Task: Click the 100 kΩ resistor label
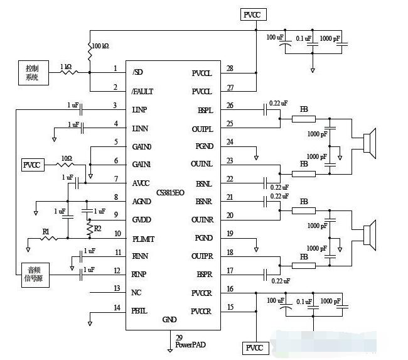(100, 47)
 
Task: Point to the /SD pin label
(137, 72)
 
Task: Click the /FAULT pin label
(142, 92)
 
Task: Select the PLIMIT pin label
(144, 238)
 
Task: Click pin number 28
(229, 68)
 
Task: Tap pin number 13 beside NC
(115, 288)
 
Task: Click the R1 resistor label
(46, 232)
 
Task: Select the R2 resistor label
(97, 227)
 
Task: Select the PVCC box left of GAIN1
(32, 165)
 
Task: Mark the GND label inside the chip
(169, 319)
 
